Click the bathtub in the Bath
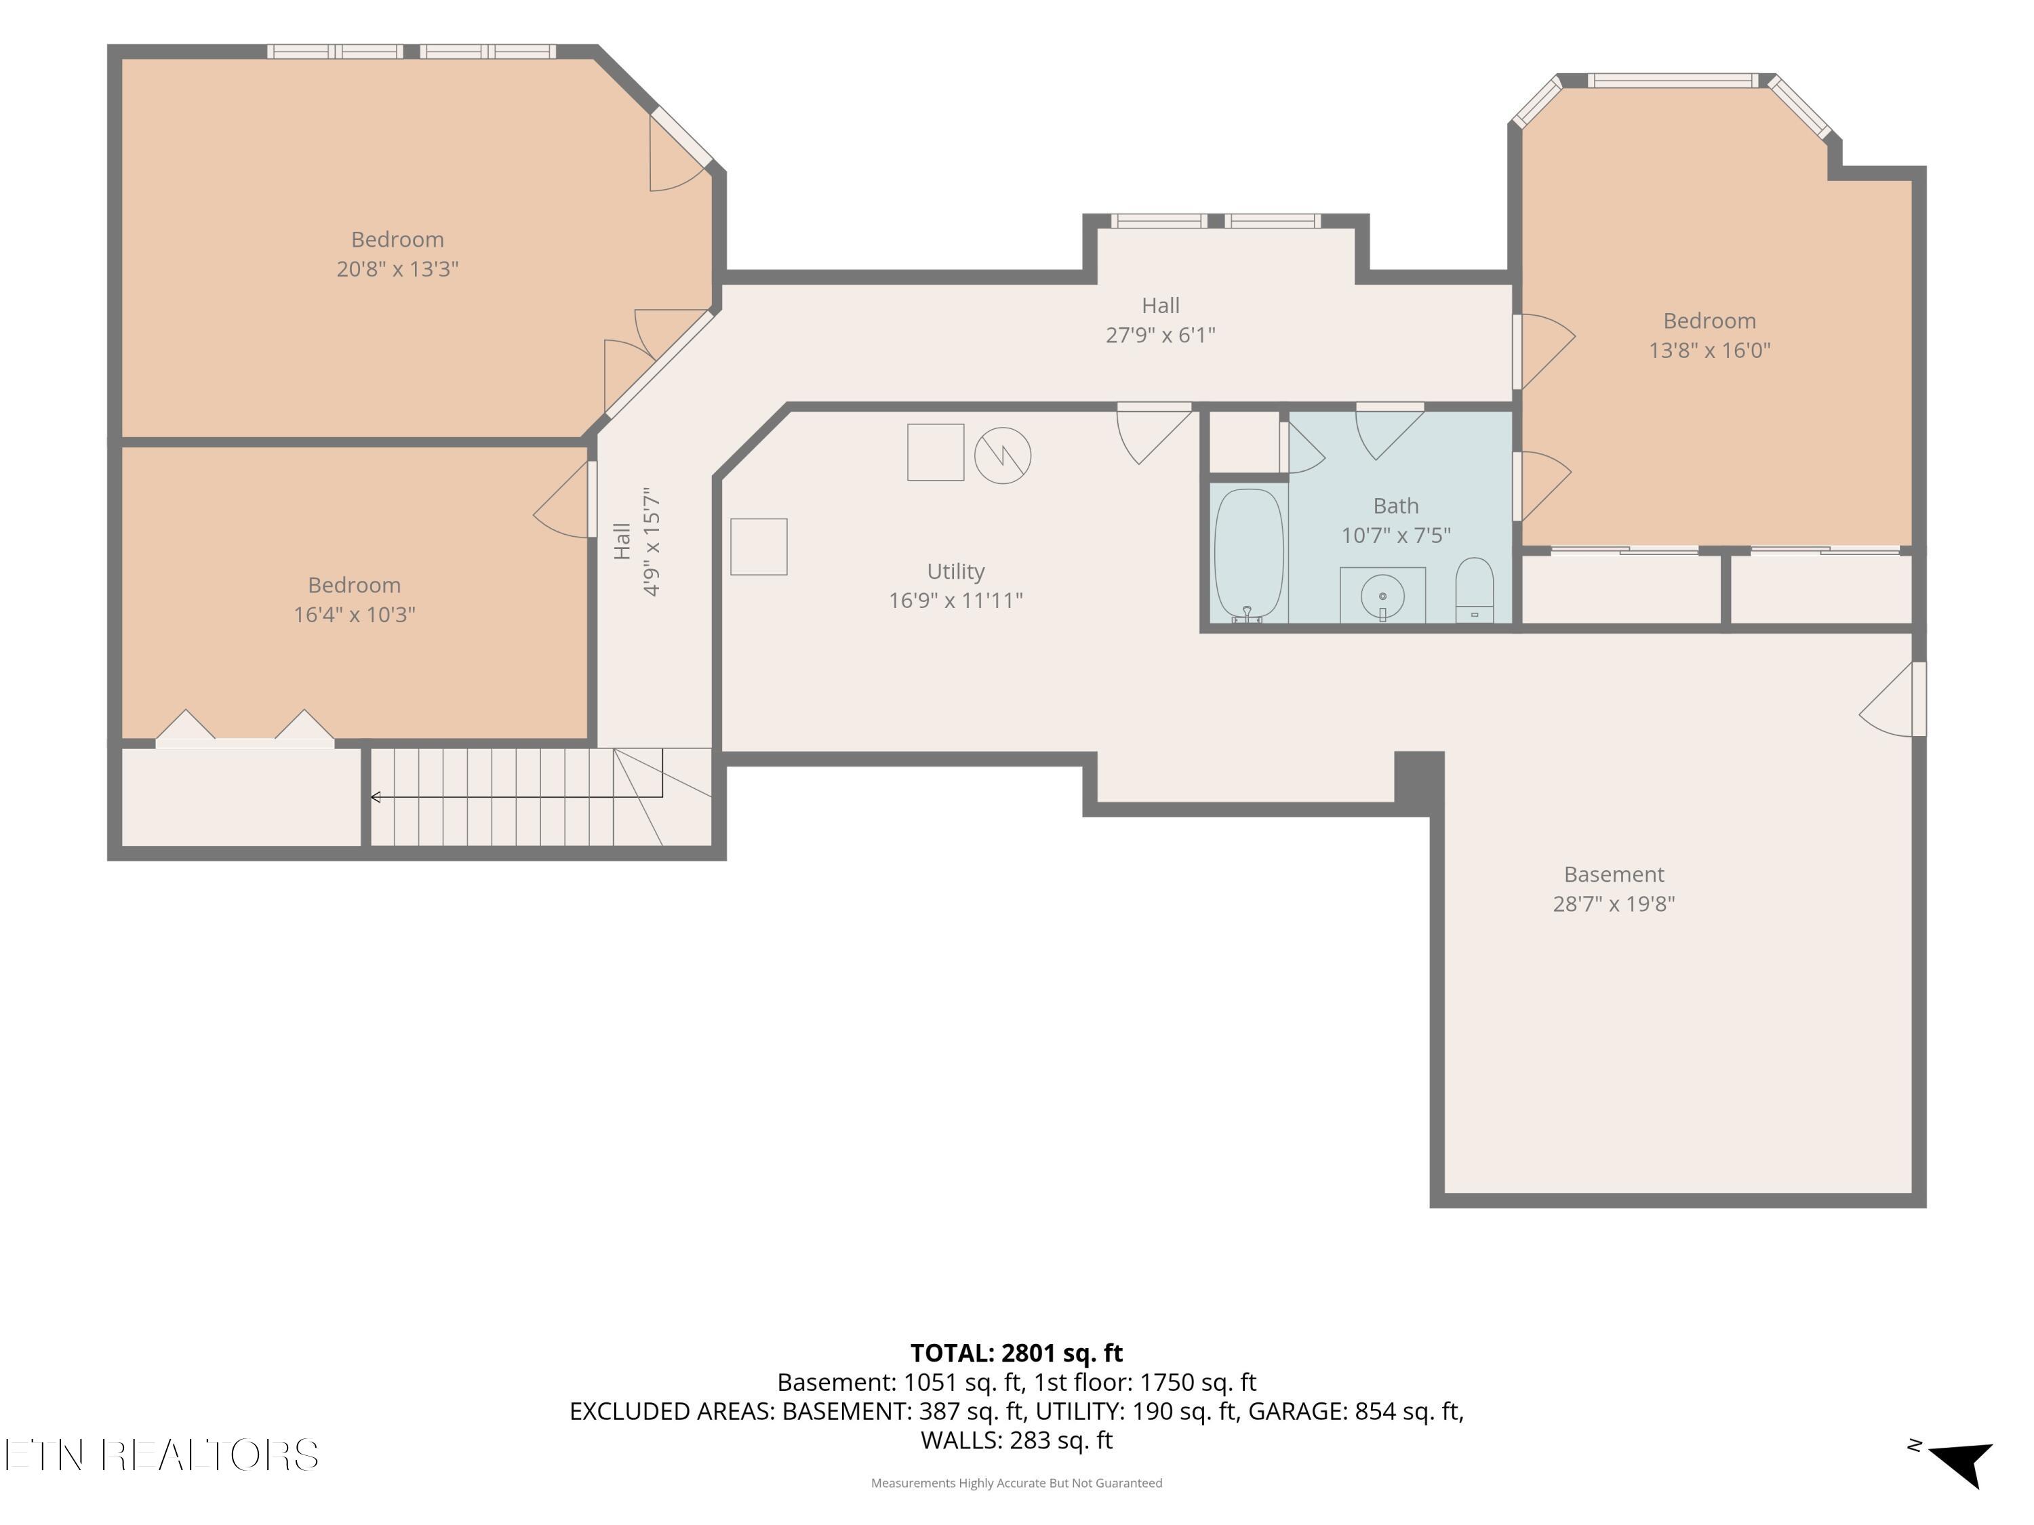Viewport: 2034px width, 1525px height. tap(1249, 555)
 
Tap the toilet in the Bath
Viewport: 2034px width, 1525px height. tap(1474, 590)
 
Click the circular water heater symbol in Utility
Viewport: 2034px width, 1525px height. tap(1002, 455)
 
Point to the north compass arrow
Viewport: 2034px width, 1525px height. tap(1961, 1463)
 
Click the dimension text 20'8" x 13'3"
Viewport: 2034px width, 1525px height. tap(397, 268)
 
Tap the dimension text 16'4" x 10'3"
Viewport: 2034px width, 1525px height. tap(354, 614)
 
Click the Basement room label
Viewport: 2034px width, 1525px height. tap(1614, 874)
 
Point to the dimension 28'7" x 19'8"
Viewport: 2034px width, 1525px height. tap(1614, 903)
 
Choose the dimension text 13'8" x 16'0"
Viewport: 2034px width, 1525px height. tap(1709, 350)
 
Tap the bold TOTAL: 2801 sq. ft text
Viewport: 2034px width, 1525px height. tap(1016, 1353)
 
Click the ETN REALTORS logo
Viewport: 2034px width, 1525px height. tap(162, 1455)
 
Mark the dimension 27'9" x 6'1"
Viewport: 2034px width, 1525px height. tap(1161, 335)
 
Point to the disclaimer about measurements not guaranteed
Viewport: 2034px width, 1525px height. tap(1016, 1483)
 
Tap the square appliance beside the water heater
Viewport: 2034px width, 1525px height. tap(935, 451)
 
